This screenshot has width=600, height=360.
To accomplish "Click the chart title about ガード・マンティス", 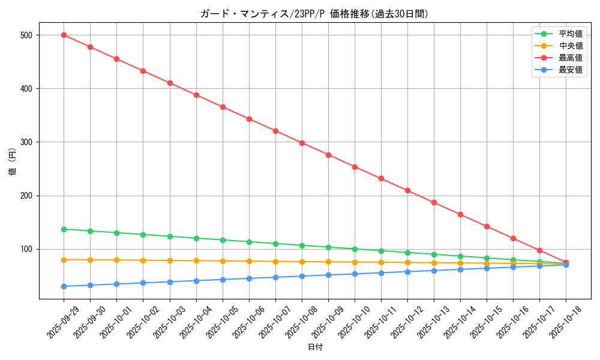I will pos(314,14).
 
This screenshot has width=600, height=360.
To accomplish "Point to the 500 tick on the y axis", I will pos(28,35).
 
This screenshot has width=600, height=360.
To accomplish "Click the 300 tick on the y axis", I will pos(28,142).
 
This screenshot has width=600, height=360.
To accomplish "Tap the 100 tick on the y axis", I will pos(28,249).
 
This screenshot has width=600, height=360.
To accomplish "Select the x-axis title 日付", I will pos(315,347).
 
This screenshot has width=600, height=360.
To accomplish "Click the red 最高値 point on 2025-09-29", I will pos(64,35).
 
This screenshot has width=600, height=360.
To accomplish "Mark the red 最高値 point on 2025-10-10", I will pos(355,167).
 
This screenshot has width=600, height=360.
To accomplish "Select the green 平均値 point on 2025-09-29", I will pos(64,229).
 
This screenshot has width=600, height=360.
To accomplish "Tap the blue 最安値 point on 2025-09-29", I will pos(64,286).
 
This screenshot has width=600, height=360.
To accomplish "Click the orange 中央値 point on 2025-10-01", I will pos(116,260).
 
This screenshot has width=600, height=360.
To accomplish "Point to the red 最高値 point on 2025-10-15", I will pos(487,226).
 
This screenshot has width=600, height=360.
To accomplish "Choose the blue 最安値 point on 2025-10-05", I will pos(223,280).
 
